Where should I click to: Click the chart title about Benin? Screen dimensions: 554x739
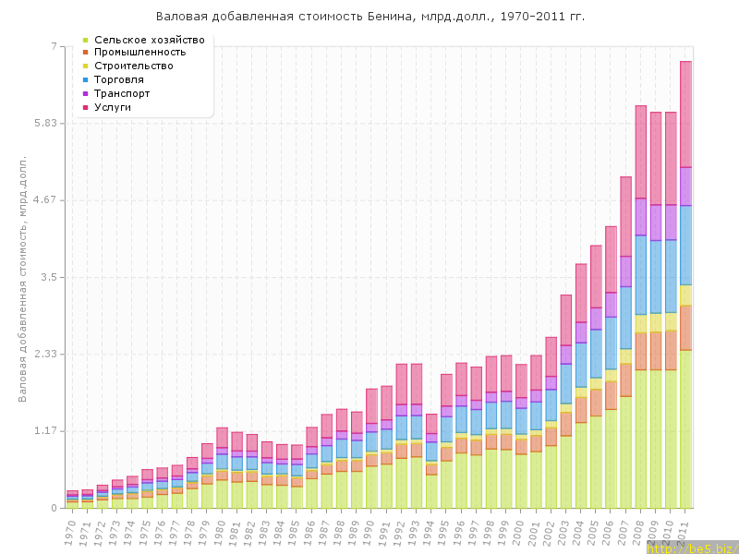click(369, 17)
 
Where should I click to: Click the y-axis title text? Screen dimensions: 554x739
click(22, 277)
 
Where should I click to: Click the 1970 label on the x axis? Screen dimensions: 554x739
click(71, 530)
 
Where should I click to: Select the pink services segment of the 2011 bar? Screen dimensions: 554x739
click(686, 114)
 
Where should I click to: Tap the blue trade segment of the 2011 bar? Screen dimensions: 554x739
click(686, 245)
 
